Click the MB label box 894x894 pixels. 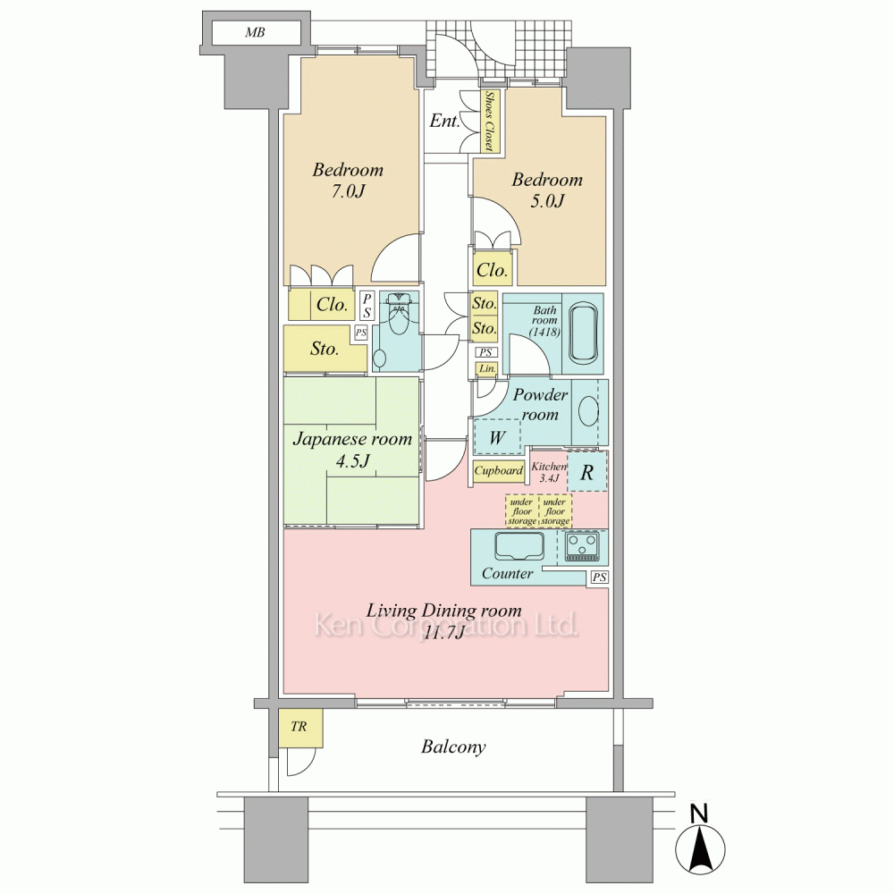pos(256,32)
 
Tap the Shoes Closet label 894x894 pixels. pos(490,122)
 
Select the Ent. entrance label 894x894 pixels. pos(444,121)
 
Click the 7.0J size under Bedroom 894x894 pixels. pos(347,191)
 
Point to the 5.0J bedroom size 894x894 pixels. pos(547,200)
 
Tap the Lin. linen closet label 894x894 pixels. pos(487,369)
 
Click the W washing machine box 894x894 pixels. pos(497,437)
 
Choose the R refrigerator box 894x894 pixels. pos(586,471)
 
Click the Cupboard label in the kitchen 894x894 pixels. pos(498,471)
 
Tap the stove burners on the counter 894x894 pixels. pos(583,546)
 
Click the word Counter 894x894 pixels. pos(507,573)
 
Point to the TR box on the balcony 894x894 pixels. pos(300,728)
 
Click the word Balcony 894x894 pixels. pos(453,746)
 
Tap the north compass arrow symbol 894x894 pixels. pos(700,844)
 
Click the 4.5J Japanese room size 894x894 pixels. pos(351,460)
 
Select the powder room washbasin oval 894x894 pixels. pos(589,411)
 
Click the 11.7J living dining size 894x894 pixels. pos(443,632)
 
